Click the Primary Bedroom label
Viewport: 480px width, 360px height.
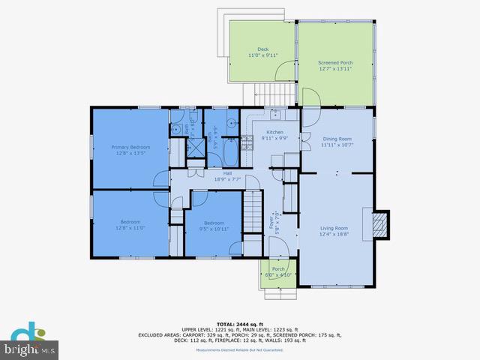[x=130, y=150]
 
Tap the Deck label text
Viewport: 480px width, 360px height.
[x=262, y=51]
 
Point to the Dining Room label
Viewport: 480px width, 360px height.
[x=337, y=142]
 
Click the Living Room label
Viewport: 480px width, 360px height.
[x=335, y=231]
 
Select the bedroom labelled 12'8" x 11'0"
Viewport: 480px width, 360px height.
[x=130, y=225]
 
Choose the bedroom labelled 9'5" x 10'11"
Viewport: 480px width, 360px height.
[x=214, y=226]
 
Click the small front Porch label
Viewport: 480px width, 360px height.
[x=278, y=271]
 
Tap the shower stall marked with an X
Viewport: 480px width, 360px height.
[x=194, y=147]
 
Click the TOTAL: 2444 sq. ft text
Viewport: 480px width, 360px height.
[x=239, y=322]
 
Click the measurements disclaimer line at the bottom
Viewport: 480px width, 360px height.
[x=239, y=350]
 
